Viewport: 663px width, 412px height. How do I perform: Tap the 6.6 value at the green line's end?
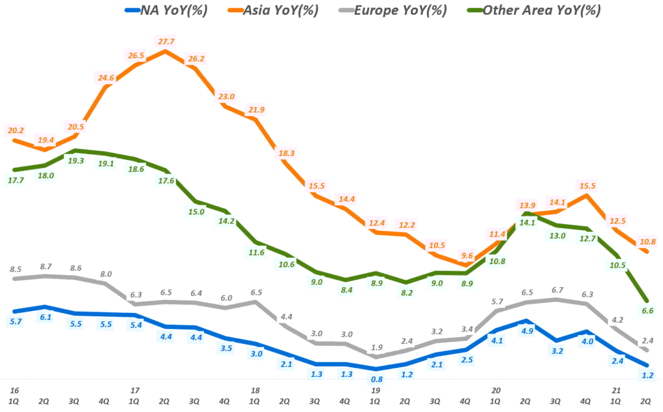coord(647,310)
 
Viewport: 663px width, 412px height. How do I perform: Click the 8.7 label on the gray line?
coord(46,266)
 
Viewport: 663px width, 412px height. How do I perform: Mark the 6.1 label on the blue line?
coord(45,317)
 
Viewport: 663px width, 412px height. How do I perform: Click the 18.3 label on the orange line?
coord(285,153)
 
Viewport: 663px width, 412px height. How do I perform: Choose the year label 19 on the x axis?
coord(375,391)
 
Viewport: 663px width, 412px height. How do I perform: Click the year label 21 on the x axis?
coord(616,391)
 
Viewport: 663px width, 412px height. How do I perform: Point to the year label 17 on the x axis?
coord(135,391)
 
